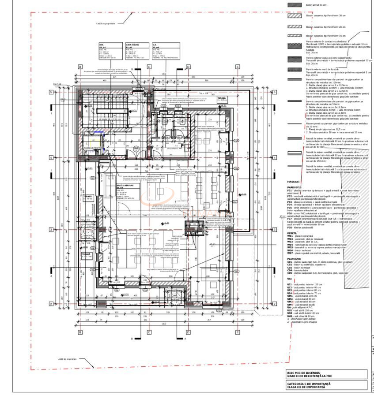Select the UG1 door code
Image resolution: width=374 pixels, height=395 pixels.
coord(290,316)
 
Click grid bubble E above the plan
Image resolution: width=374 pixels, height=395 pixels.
coord(238,67)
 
